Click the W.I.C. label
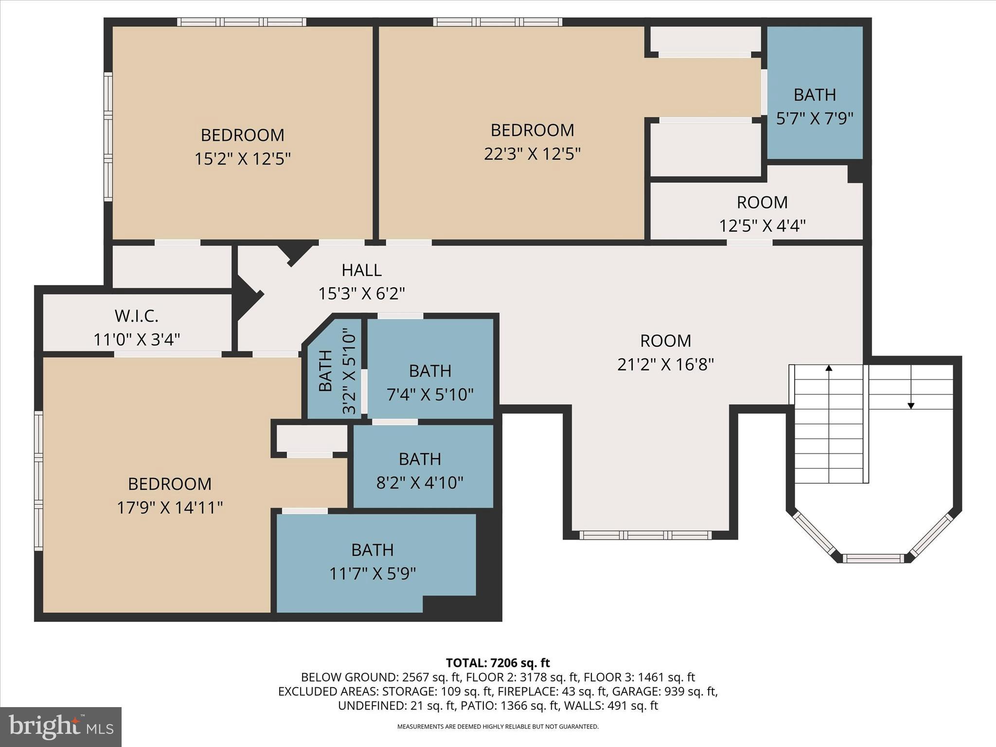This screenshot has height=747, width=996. point(137,316)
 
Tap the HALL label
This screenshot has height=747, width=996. point(361,270)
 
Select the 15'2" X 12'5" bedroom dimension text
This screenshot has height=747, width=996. point(242,159)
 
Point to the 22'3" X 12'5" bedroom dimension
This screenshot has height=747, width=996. point(532,154)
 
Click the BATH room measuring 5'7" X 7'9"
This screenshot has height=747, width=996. point(815,95)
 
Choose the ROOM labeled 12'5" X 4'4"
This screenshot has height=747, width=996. point(762,202)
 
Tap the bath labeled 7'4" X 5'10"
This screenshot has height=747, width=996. point(430,371)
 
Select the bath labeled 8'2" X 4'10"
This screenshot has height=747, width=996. point(420,459)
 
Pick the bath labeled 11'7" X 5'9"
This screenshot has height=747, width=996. point(373,550)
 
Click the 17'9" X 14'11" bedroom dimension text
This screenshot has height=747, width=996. point(170,508)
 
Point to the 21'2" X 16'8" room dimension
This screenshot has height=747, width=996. point(665,364)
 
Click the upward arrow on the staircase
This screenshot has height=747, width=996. point(829,368)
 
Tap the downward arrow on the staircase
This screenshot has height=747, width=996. point(911,405)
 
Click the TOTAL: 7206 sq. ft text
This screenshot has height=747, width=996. point(498,663)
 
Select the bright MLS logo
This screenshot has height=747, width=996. point(61,727)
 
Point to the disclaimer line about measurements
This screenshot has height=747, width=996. point(498,727)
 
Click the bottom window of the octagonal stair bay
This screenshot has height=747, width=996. point(873,558)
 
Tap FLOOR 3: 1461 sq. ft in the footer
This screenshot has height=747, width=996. point(639,677)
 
